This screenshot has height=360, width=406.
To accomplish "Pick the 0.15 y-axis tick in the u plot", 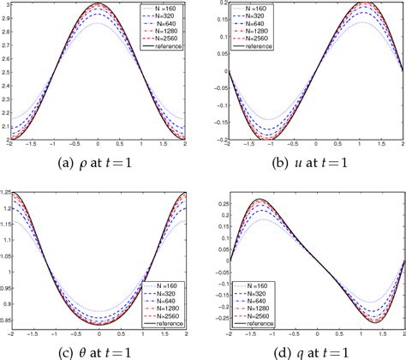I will [x=215, y=21].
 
